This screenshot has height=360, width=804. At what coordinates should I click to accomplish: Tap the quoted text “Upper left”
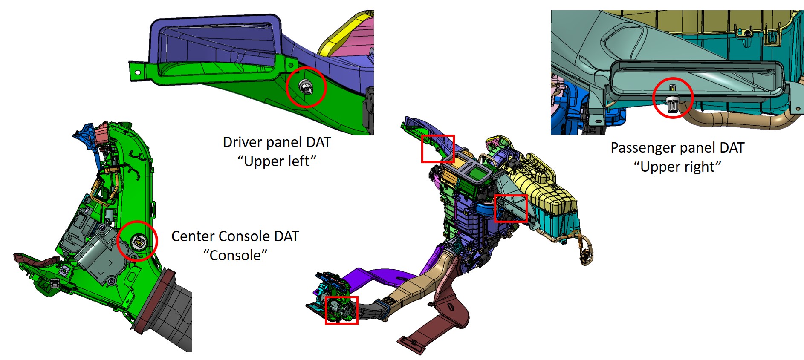click(277, 161)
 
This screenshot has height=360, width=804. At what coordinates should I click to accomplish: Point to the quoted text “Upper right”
click(677, 167)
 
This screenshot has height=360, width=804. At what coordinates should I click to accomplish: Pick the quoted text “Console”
click(235, 255)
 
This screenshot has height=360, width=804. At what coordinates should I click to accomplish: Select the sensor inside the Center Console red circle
click(139, 242)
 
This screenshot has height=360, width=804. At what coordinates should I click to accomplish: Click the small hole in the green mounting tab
click(137, 72)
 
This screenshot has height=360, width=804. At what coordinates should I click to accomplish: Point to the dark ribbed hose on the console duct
click(171, 311)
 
